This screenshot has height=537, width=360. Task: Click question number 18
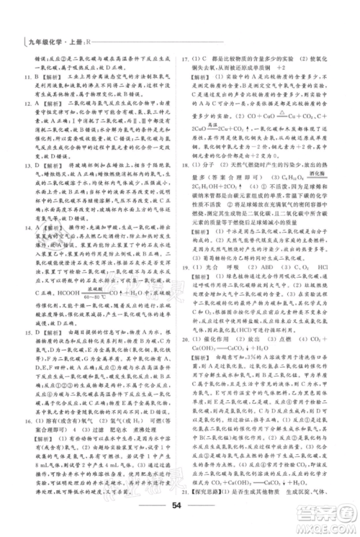(x=186, y=185)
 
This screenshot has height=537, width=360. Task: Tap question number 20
(x=186, y=356)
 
